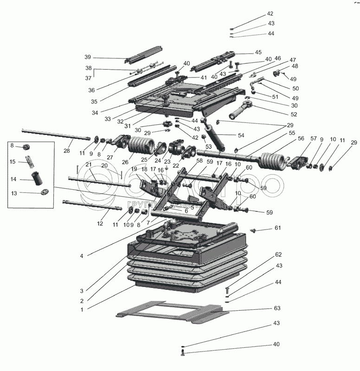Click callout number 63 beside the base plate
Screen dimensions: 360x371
pyautogui.click(x=277, y=308)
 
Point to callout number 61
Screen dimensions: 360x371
pyautogui.click(x=277, y=228)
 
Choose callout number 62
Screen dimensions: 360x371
pyautogui.click(x=278, y=255)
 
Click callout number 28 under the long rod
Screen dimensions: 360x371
pyautogui.click(x=66, y=150)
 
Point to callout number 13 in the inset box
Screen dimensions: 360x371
pyautogui.click(x=14, y=194)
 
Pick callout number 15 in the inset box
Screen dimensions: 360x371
pyautogui.click(x=14, y=162)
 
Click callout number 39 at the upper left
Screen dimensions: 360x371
pyautogui.click(x=88, y=57)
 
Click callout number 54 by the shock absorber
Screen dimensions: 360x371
pyautogui.click(x=241, y=135)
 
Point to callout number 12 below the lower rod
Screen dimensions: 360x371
pyautogui.click(x=99, y=224)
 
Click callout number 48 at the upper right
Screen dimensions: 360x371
pyautogui.click(x=295, y=66)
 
